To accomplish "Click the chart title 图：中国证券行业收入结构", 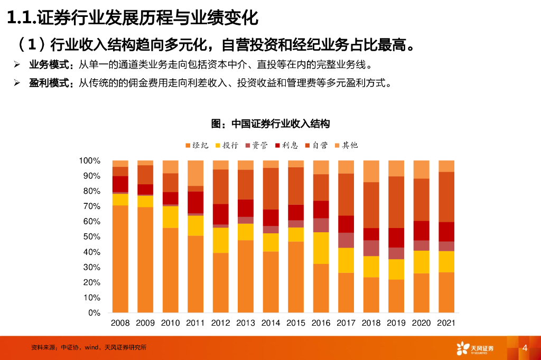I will pyautogui.click(x=270, y=124).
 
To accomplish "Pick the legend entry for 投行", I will pyautogui.click(x=226, y=145).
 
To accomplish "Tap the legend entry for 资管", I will pyautogui.click(x=256, y=145).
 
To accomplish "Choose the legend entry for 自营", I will pyautogui.click(x=316, y=145).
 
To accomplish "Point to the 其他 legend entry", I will pyautogui.click(x=346, y=145).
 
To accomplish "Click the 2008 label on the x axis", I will pyautogui.click(x=120, y=323).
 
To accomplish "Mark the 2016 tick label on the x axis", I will pyautogui.click(x=321, y=323).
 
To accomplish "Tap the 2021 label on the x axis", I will pyautogui.click(x=446, y=323).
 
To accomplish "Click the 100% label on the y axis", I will pyautogui.click(x=89, y=160).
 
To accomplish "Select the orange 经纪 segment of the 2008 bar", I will pyautogui.click(x=120, y=259).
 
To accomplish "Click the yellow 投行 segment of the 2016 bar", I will pyautogui.click(x=321, y=248).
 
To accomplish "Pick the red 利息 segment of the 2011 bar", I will pyautogui.click(x=195, y=202).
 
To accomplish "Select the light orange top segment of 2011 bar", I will pyautogui.click(x=195, y=173).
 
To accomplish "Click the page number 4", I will pyautogui.click(x=525, y=348).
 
